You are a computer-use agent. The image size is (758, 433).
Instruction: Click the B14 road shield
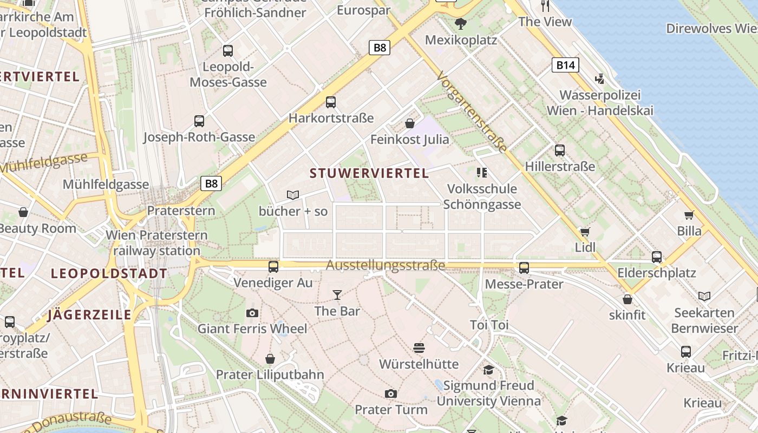pos(565,65)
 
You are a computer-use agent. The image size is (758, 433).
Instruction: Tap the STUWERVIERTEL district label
pos(369,173)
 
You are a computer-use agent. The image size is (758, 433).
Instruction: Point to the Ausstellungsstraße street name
pos(385,265)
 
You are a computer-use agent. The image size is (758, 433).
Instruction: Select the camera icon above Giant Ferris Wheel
pos(252,313)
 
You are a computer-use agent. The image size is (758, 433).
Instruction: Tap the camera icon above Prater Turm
pos(390,393)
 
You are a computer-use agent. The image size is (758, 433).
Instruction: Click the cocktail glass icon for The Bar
pos(337,295)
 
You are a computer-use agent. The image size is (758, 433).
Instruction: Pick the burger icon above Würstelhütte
pos(419,347)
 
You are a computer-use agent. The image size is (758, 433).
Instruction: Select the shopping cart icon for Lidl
pos(585,232)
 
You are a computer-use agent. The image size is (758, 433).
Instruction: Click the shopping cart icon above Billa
pos(689,215)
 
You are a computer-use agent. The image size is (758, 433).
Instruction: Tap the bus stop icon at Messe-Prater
pos(524,267)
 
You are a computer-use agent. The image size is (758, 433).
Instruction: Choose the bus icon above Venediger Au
pos(273,266)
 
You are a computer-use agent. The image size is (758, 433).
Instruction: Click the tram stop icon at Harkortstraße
pos(331,102)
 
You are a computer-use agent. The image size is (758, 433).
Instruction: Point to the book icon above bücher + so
pos(293,195)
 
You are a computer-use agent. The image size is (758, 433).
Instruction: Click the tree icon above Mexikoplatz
pos(461,23)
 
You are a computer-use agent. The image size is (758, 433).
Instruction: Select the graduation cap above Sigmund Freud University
pos(488,370)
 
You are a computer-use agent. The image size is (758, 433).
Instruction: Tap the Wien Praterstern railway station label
pos(156,243)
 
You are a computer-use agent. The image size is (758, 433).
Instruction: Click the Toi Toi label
pos(489,325)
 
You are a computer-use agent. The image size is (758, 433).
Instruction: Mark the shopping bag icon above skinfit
pos(628,299)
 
